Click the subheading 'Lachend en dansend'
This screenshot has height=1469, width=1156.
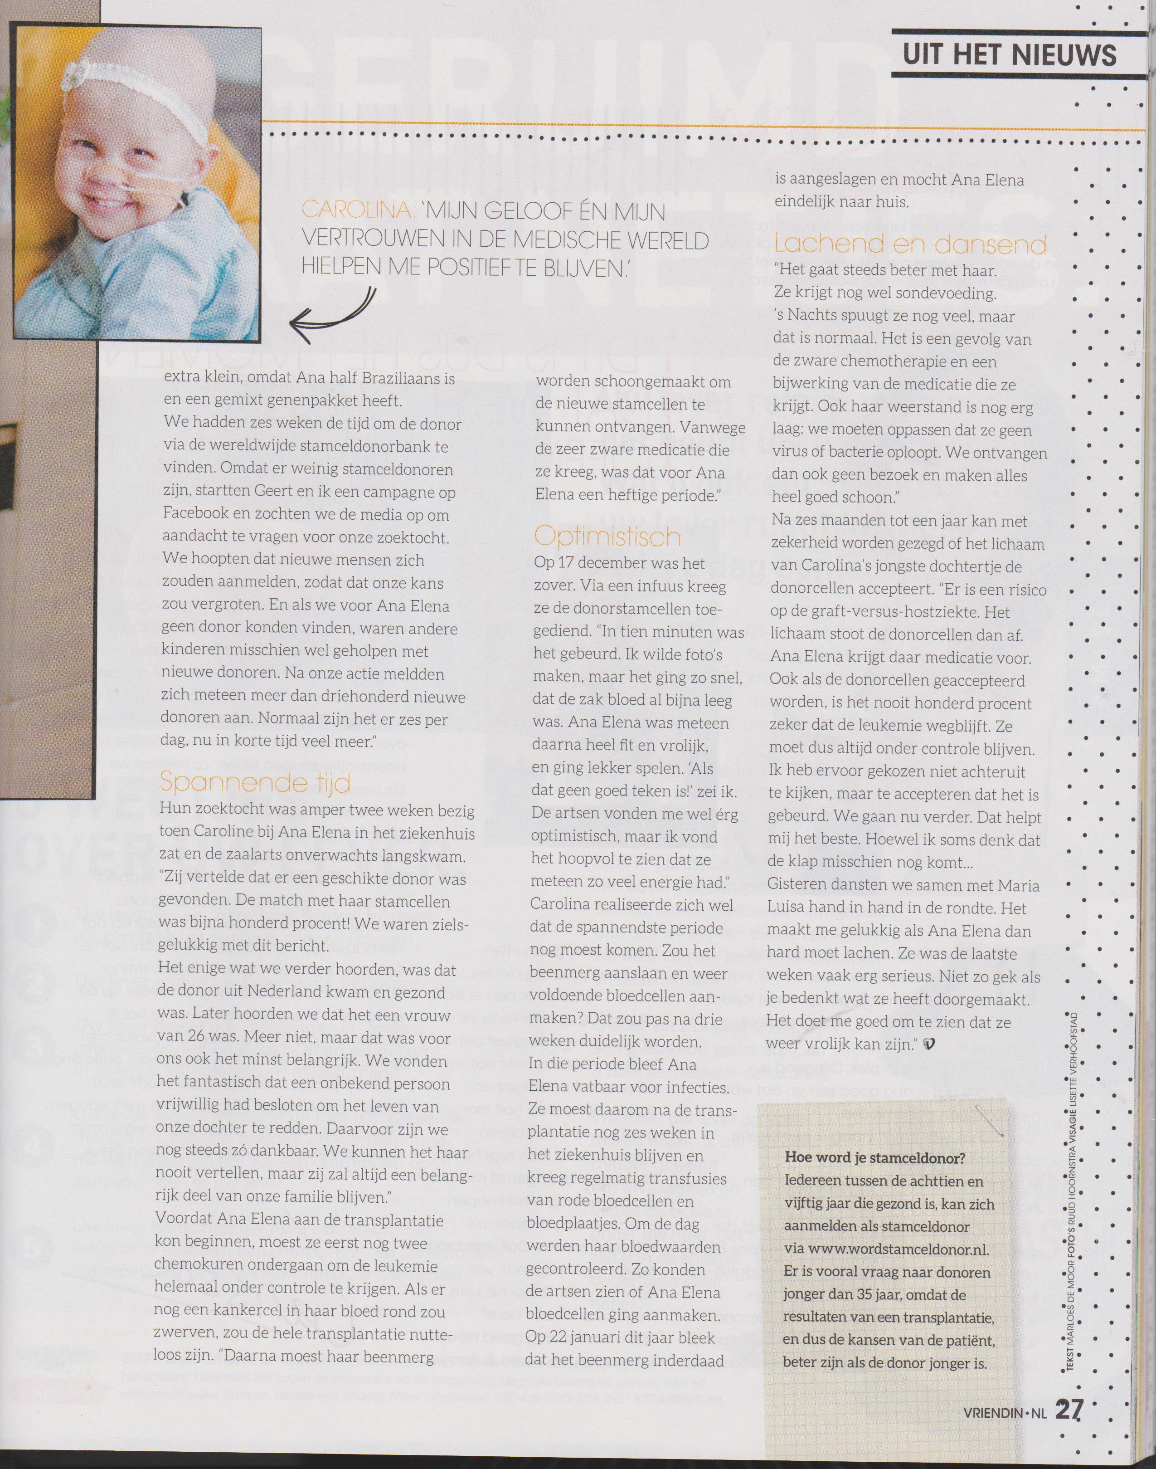[x=910, y=244]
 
